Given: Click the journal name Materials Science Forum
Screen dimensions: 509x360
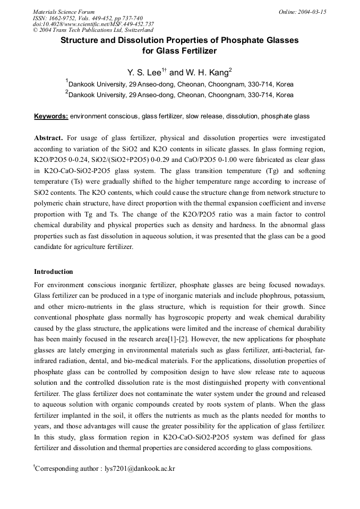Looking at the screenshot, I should pyautogui.click(x=64, y=12).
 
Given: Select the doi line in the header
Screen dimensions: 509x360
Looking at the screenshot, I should pyautogui.click(x=93, y=24).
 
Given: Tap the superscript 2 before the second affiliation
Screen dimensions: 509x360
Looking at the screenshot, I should pyautogui.click(x=67, y=92).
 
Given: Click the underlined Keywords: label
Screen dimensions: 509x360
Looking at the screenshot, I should pyautogui.click(x=51, y=116).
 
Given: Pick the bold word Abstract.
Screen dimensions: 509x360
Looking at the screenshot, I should pyautogui.click(x=48, y=137).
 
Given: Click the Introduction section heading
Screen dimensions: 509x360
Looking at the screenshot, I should pyautogui.click(x=53, y=272).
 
